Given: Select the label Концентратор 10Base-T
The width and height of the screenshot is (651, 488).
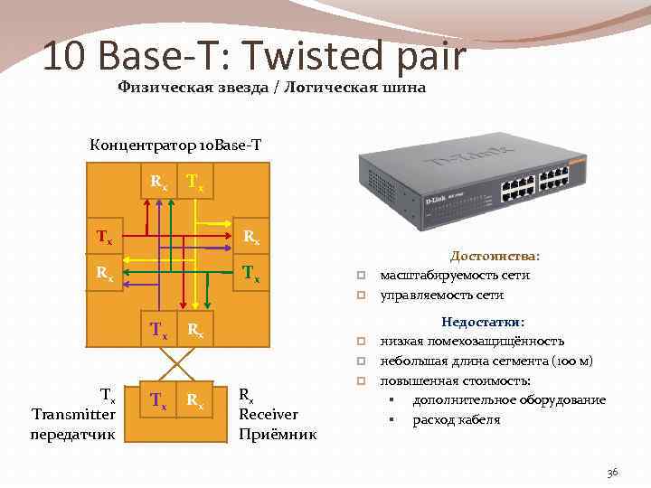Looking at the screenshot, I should (x=175, y=145).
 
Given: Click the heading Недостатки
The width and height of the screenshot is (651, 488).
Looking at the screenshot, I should (x=483, y=321).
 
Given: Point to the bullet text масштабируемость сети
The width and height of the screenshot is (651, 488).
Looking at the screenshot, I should (x=455, y=275).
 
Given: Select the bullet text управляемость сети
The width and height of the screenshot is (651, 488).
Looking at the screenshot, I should (x=442, y=295).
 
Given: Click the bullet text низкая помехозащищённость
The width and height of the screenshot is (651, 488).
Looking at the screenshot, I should (x=472, y=341).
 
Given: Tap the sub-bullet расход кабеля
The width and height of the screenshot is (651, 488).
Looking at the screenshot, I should (x=457, y=419).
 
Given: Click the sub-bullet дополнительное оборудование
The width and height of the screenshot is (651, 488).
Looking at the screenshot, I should (x=509, y=399).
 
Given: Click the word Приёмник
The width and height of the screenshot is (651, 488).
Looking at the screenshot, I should (x=278, y=434).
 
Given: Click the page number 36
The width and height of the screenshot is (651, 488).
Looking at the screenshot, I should (x=612, y=473).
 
